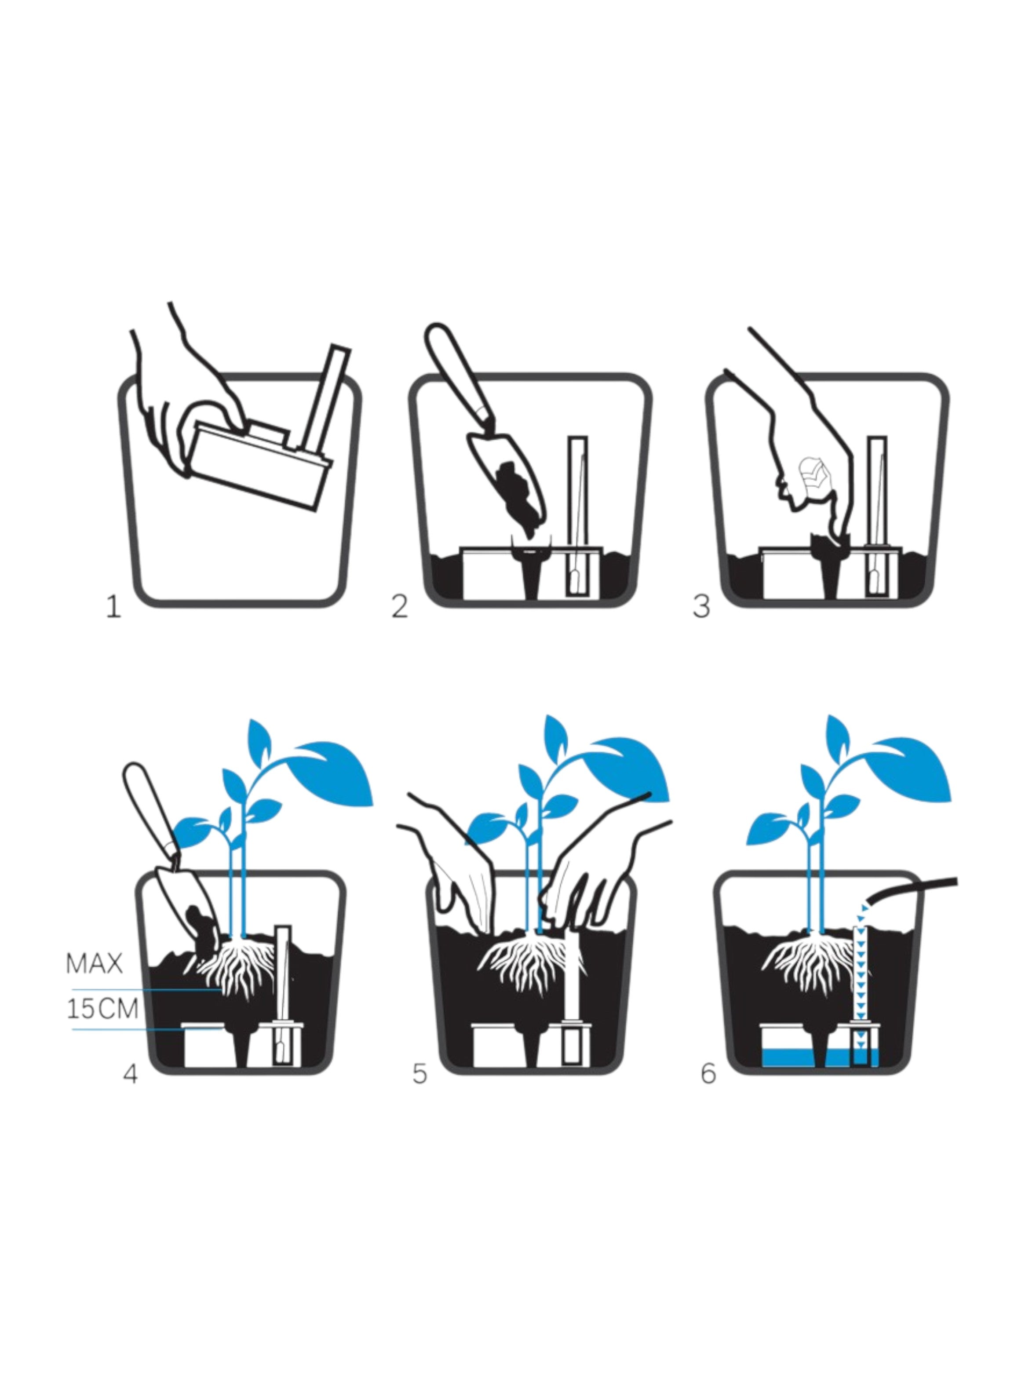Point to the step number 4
coord(130,1074)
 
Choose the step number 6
coord(708,1074)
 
